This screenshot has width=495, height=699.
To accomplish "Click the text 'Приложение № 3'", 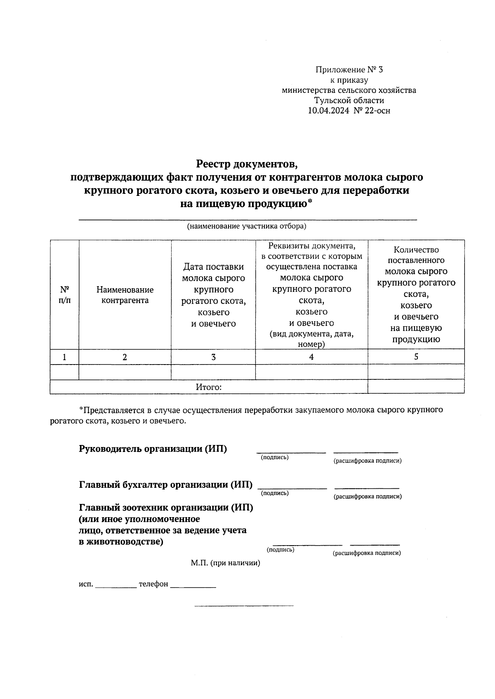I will point(349,69).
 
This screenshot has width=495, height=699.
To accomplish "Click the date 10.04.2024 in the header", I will point(328,111).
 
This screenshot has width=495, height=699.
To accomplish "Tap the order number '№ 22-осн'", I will point(371,111).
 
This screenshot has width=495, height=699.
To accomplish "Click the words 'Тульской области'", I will point(349,100).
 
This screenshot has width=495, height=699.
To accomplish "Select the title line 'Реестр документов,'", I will point(247,164).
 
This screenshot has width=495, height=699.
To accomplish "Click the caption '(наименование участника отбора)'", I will point(247,226).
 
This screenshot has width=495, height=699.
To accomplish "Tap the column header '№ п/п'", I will point(64,294).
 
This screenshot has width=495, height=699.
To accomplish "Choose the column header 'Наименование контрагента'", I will point(125,295).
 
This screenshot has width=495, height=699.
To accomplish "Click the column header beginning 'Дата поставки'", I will point(213,295).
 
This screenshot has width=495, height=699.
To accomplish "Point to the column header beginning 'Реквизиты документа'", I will point(311,294).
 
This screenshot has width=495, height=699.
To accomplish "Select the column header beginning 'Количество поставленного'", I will point(416,294).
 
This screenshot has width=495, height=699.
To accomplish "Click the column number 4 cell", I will point(311,357).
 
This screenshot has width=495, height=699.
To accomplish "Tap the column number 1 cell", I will point(64,357).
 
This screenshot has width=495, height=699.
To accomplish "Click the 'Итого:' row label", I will point(209,387).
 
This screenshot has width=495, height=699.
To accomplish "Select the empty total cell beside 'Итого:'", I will point(416,387).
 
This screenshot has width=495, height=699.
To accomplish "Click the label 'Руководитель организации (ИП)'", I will point(153,449).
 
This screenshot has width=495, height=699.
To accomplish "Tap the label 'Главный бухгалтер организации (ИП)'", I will point(166,485).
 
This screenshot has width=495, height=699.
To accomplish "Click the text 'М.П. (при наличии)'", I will point(225,563).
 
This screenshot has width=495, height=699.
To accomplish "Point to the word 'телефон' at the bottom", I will point(153,584).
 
